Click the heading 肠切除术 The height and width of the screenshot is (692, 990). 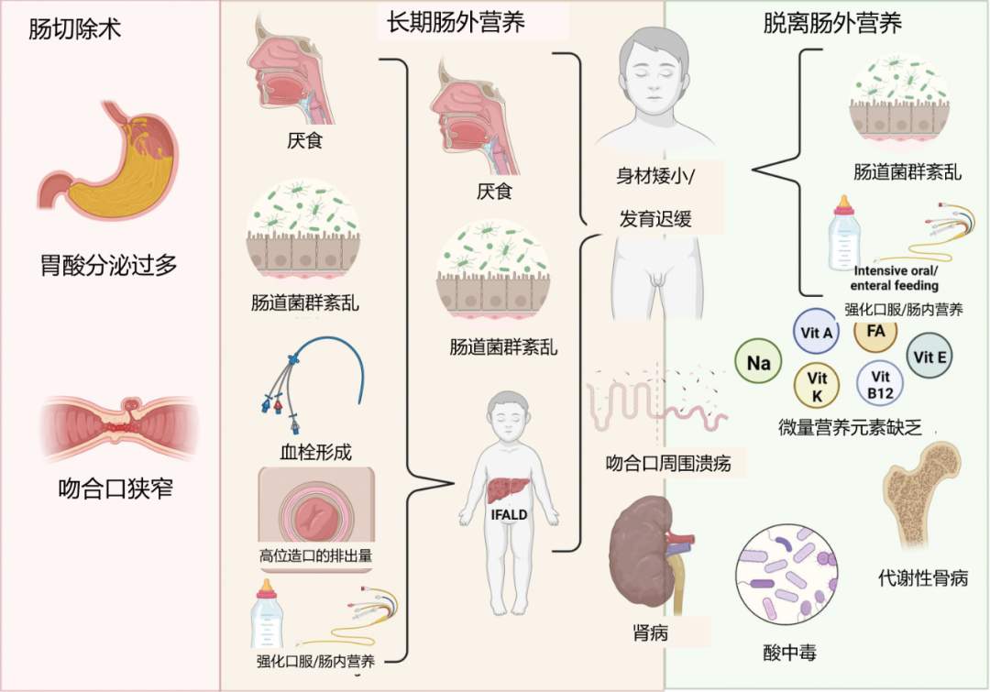click(x=75, y=30)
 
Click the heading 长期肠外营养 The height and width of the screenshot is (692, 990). click(x=455, y=23)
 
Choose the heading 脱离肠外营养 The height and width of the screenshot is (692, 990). click(x=832, y=23)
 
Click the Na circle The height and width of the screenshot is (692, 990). click(x=759, y=363)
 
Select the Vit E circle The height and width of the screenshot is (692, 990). click(x=929, y=357)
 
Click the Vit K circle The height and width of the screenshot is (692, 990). click(x=817, y=385)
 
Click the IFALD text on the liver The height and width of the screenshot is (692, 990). click(x=506, y=514)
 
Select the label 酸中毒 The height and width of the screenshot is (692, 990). click(x=789, y=653)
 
